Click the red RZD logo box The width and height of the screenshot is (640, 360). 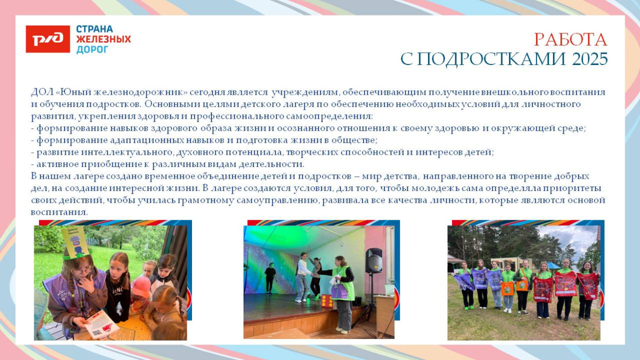tap(48, 39)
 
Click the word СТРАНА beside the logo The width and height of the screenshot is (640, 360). tap(95, 29)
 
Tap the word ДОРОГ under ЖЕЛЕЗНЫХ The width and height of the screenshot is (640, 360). tap(92, 50)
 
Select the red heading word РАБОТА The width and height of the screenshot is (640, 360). tap(570, 40)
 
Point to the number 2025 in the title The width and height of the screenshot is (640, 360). tap(590, 60)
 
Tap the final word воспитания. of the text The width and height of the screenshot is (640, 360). tap(59, 212)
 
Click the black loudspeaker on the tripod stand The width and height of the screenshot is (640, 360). tap(373, 260)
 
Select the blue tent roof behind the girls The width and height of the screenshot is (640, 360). tap(553, 265)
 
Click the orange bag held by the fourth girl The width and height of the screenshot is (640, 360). tap(507, 289)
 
